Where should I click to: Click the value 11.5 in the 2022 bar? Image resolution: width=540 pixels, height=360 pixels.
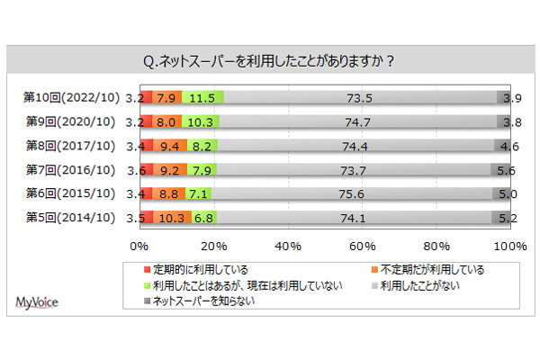click(x=202, y=97)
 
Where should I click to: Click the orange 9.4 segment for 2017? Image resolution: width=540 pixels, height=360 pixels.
click(x=169, y=145)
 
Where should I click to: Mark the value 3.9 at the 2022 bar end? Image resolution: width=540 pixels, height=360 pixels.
click(x=511, y=97)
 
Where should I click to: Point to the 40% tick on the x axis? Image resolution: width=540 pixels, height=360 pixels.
click(x=287, y=245)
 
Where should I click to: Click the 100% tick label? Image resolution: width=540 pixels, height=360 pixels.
click(x=510, y=245)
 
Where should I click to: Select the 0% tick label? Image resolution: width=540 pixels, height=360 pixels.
click(x=139, y=245)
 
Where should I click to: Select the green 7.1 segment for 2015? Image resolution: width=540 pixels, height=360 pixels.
click(x=197, y=193)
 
